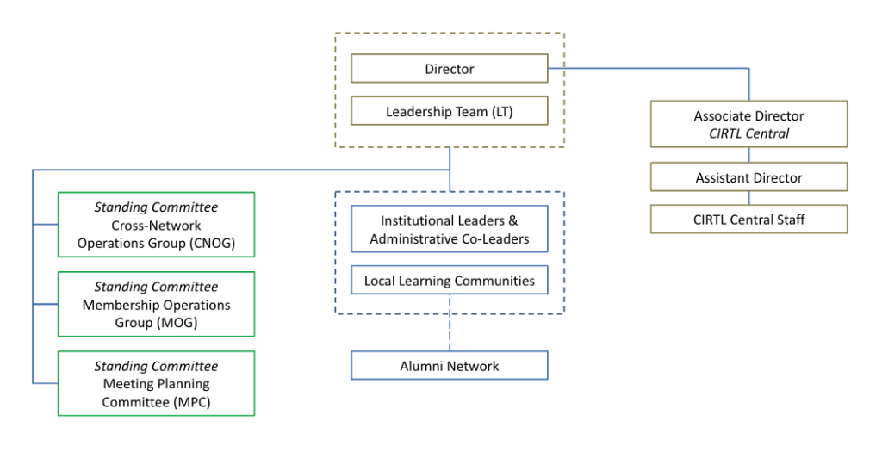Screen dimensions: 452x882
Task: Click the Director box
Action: pos(449,69)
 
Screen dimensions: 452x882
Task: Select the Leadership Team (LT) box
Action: pos(449,111)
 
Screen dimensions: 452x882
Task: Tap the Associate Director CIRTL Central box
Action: pos(748,124)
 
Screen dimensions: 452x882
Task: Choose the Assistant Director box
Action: pos(748,177)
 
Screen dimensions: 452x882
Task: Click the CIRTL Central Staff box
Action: pos(748,219)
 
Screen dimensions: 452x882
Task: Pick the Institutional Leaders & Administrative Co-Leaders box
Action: pos(449,229)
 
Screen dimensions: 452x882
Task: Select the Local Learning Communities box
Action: pos(449,281)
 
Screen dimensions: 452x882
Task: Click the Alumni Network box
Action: pos(449,366)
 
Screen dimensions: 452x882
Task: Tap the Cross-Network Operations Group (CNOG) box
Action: pos(156,225)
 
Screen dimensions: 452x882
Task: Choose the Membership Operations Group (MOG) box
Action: pos(156,304)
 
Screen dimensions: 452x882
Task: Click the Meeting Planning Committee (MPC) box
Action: pos(156,383)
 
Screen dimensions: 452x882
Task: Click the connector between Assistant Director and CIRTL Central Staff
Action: pos(748,198)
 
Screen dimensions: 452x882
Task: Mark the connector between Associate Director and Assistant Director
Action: pos(748,155)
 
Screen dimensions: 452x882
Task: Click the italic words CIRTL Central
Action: pos(748,133)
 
